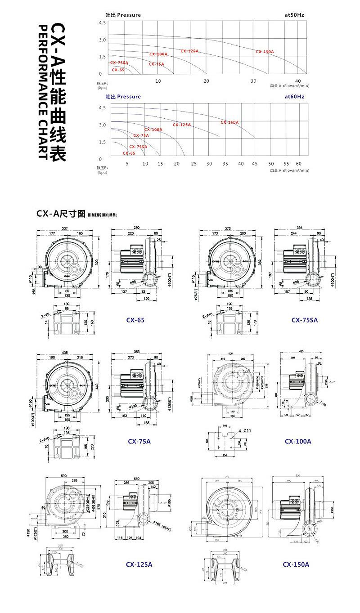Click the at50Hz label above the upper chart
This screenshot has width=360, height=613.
(295, 15)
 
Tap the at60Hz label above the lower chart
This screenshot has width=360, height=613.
(295, 97)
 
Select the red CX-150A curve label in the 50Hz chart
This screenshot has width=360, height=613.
(265, 52)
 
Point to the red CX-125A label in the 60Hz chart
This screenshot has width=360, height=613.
(182, 125)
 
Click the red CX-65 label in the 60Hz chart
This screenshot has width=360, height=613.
(129, 153)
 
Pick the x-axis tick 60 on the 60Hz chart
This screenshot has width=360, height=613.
(299, 164)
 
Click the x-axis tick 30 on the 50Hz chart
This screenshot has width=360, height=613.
(254, 81)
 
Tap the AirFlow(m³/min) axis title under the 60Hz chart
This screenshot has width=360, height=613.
(290, 171)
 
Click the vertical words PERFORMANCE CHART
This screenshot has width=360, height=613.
(43, 92)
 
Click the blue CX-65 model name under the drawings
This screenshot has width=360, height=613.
(135, 321)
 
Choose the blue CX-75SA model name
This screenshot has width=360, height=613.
(305, 320)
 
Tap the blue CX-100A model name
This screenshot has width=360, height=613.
(298, 441)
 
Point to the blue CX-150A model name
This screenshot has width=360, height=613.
(296, 564)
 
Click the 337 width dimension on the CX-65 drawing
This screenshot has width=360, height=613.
(65, 228)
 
